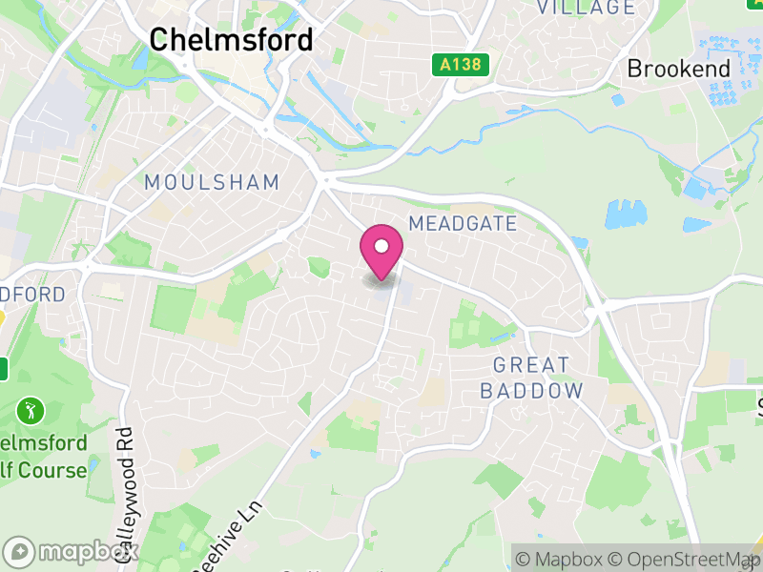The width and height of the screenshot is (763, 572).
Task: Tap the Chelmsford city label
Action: click(231, 40)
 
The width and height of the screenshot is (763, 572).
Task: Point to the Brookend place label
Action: click(678, 69)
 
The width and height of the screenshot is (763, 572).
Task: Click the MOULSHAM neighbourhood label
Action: click(212, 182)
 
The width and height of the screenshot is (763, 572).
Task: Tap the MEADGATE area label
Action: click(463, 224)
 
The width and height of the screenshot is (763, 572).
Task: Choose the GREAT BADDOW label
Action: click(531, 378)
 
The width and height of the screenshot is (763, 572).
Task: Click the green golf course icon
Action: click(31, 412)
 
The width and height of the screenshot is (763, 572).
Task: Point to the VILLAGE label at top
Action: click(586, 8)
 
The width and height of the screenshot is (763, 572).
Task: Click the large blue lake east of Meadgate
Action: click(626, 215)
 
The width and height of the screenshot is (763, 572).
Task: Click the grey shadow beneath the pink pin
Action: click(381, 280)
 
